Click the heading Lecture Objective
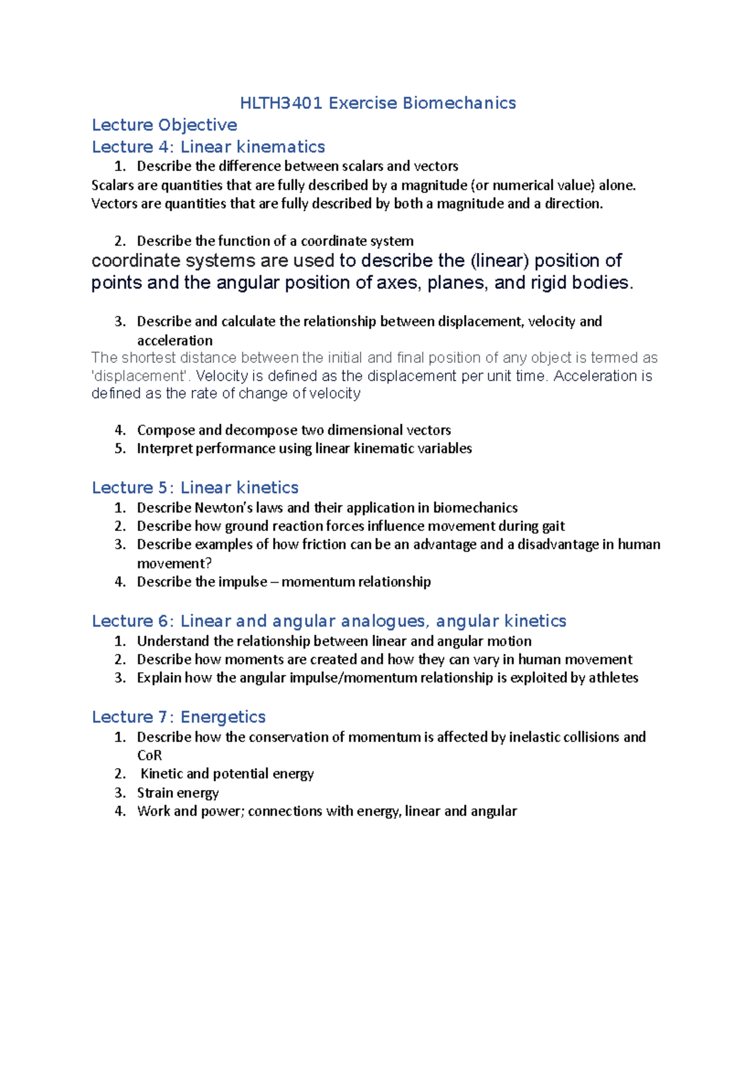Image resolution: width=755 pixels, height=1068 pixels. pos(164,125)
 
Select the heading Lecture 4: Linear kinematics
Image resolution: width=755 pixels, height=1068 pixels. pos(208,147)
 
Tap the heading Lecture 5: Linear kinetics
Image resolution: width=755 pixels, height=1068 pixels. pos(195,488)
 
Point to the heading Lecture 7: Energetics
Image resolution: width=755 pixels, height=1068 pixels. pos(179,717)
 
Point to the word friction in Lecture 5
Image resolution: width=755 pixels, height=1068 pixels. pos(324,545)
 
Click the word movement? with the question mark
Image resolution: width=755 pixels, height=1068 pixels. pos(174,564)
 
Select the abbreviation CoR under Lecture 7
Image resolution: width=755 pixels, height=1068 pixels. pos(149,755)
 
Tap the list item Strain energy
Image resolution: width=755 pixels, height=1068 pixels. pos(178,793)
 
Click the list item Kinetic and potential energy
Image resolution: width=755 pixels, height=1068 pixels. pos(226,774)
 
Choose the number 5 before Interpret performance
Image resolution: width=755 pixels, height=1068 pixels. pos(119,449)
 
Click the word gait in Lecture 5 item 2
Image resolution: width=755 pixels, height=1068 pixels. pos(552,526)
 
